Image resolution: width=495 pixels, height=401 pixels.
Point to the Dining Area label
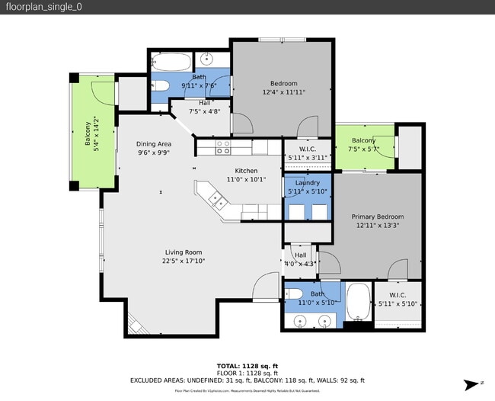154,144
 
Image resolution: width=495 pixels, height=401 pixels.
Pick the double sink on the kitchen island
217,201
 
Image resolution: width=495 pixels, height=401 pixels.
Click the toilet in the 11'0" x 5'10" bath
295,294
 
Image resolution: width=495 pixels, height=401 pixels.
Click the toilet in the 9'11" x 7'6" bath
161,85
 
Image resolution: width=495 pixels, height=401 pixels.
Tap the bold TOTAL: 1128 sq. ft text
248,365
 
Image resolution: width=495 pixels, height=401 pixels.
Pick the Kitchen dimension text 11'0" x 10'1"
246,180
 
